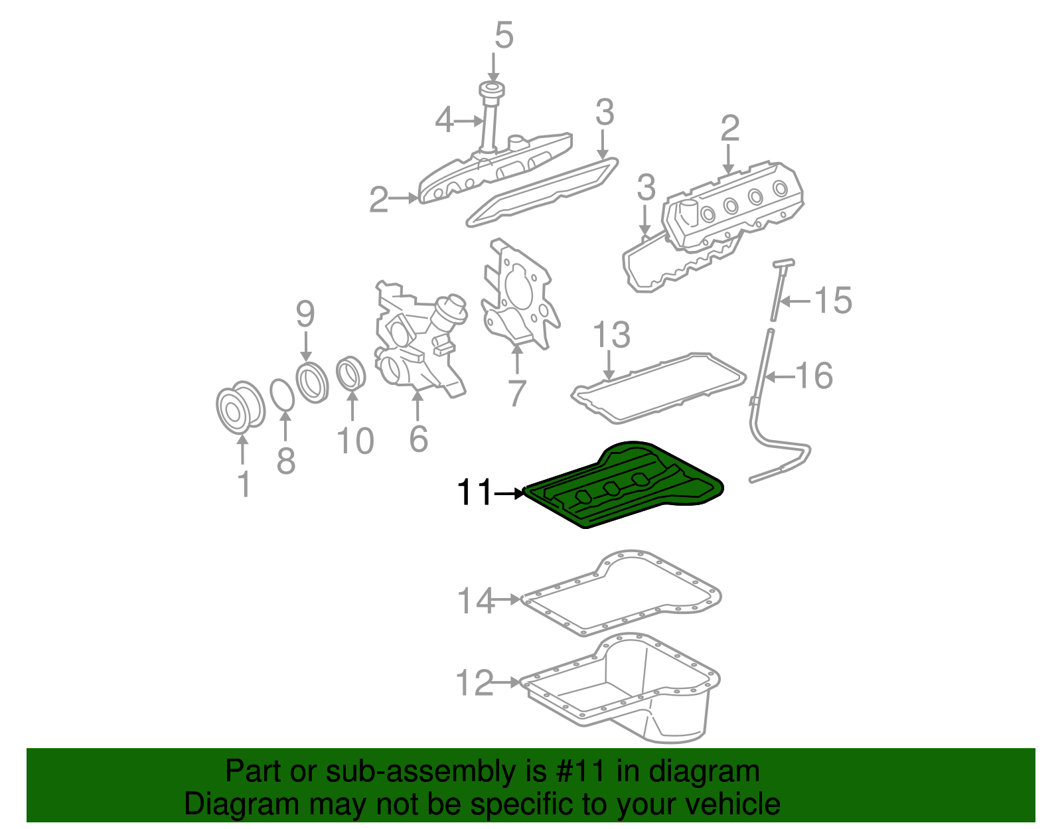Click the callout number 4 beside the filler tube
point(444,121)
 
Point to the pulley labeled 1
point(240,408)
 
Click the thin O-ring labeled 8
point(283,395)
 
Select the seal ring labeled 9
point(312,382)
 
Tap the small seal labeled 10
point(351,374)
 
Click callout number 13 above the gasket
point(611,335)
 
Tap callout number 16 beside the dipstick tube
point(814,376)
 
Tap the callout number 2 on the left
point(379,199)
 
